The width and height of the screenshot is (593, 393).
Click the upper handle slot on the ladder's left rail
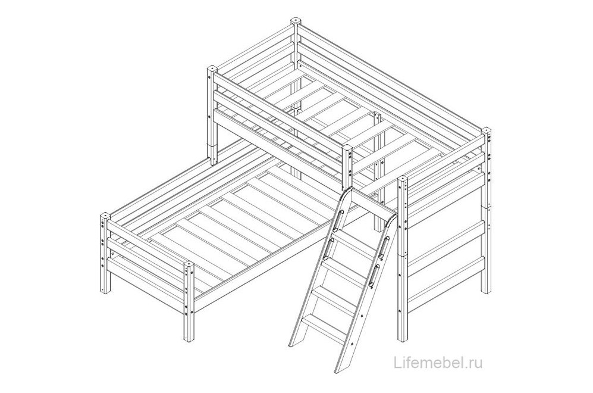click(339, 219)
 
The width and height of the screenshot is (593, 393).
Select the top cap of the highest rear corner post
click(296, 21)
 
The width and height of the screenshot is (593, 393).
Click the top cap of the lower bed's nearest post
click(189, 264)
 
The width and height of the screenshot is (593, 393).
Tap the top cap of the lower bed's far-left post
click(104, 216)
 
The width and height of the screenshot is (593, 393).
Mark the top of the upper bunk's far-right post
click(486, 130)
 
